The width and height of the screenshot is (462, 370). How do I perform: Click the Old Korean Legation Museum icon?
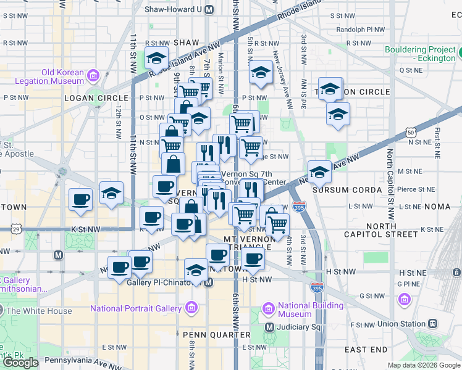point(93,76)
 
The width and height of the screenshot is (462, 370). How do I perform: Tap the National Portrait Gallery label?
point(136,308)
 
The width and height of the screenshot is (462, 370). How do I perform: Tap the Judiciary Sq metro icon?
point(269,327)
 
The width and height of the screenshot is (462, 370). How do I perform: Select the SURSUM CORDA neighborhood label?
point(348,190)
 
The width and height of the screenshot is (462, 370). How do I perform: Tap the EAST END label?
point(366,350)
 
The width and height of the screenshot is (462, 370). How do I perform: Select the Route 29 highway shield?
point(15,229)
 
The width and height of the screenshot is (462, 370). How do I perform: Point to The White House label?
point(39,311)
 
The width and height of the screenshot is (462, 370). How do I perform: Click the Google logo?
point(21,362)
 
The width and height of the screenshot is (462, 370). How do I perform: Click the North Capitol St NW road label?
point(390,184)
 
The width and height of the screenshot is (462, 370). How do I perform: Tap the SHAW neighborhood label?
point(186,42)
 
